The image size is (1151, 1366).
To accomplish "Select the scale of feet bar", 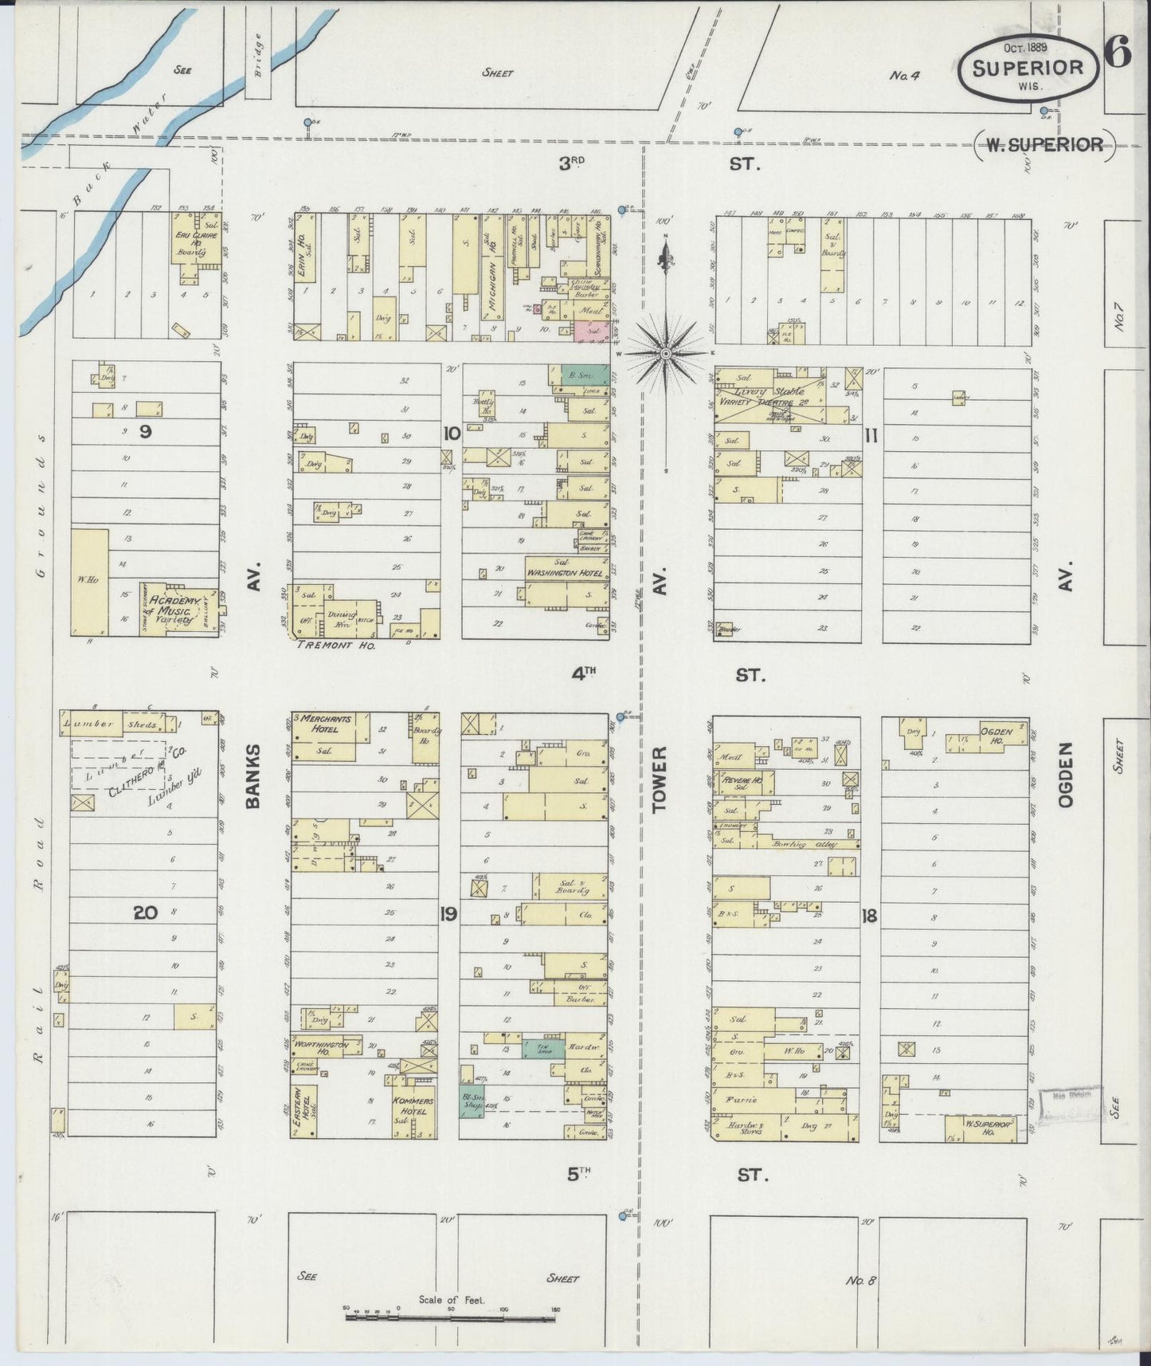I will pyautogui.click(x=451, y=1316).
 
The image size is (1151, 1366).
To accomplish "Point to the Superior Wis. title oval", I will pyautogui.click(x=1028, y=68).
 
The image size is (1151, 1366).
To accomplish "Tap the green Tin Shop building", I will pyautogui.click(x=543, y=1047).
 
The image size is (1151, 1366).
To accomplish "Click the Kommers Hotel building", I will pyautogui.click(x=413, y=1110).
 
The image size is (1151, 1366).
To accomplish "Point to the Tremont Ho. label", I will pyautogui.click(x=335, y=645).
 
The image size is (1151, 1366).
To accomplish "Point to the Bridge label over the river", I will pyautogui.click(x=258, y=55).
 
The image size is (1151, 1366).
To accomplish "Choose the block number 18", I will pyautogui.click(x=868, y=916).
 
